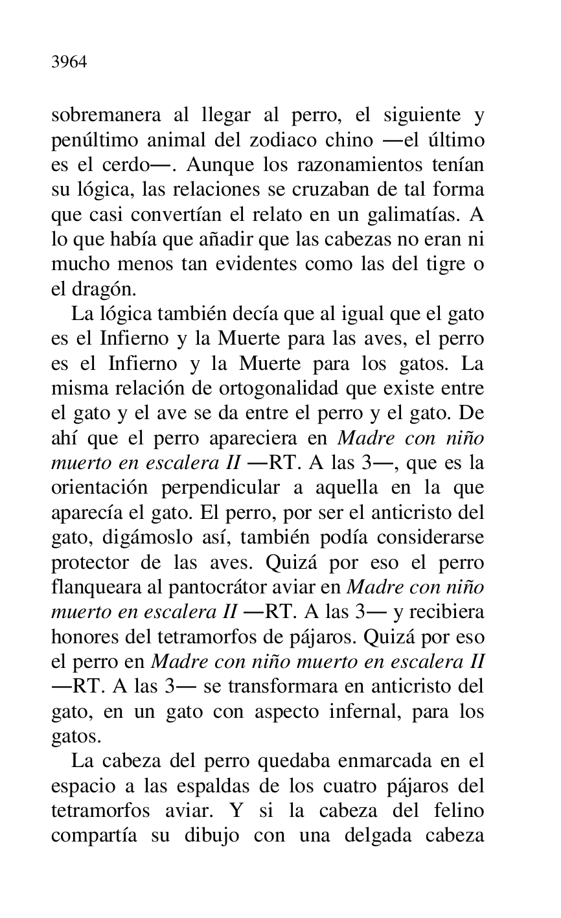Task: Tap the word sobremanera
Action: [x=106, y=115]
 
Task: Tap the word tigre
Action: [x=441, y=264]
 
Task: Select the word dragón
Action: [x=104, y=290]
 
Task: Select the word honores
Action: [x=83, y=636]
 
